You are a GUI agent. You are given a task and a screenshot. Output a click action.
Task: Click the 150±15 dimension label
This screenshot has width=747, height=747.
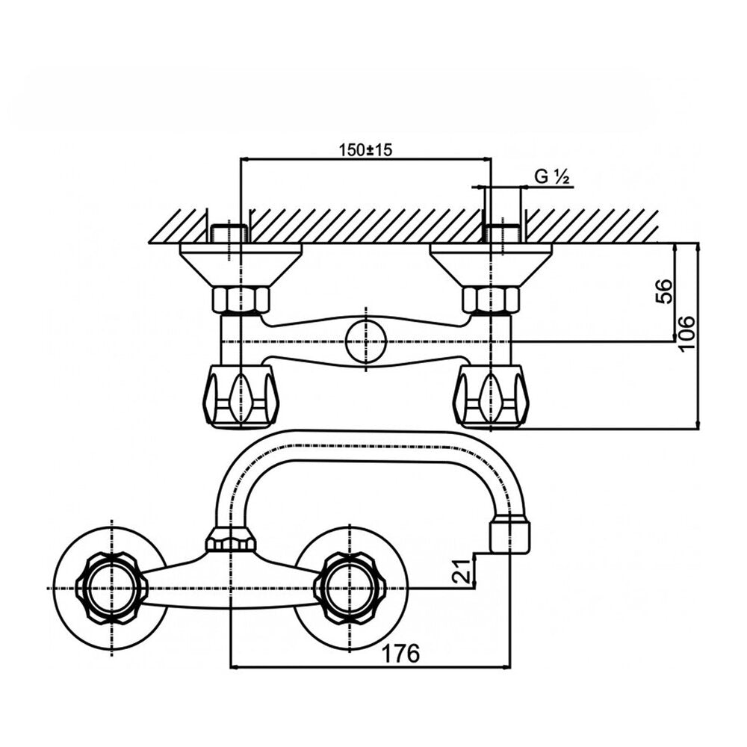tap(365, 149)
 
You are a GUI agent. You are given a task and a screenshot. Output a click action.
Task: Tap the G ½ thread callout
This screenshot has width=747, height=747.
tap(552, 177)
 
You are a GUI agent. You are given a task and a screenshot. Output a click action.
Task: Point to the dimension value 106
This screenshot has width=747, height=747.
tap(686, 333)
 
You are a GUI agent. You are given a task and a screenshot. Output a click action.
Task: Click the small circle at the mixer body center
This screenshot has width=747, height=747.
tap(365, 341)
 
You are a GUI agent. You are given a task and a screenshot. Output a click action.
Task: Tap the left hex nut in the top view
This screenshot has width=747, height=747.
tap(240, 300)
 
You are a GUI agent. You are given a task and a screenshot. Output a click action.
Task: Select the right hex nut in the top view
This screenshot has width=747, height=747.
tap(491, 300)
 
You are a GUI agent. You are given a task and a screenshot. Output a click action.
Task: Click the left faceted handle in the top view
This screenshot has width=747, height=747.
tap(241, 395)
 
